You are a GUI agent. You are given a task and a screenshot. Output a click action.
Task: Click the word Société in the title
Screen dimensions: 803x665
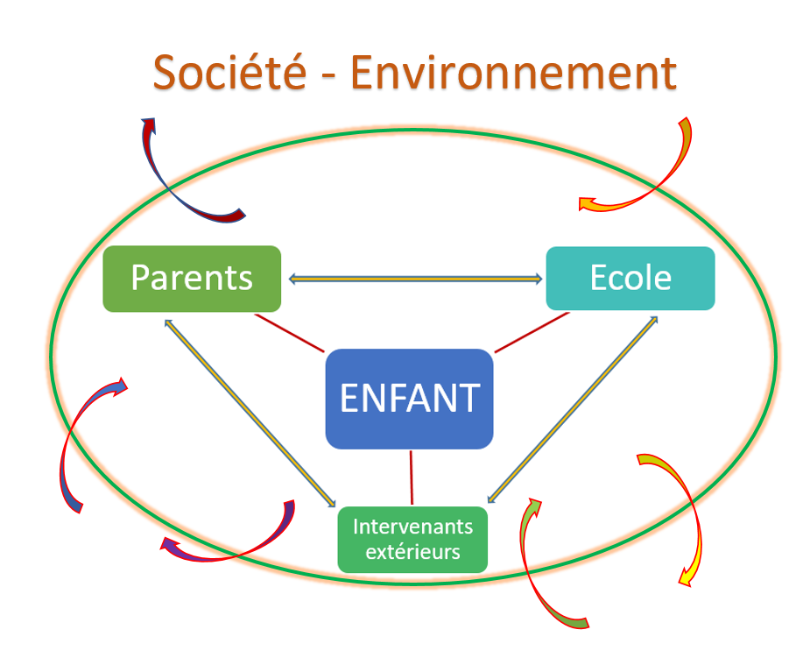[229, 72]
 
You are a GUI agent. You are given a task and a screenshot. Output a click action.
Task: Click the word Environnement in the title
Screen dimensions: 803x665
[514, 72]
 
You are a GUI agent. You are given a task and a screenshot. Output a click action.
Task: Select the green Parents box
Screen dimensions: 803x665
[192, 279]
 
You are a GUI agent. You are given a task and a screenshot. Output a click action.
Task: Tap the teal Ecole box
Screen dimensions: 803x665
[630, 279]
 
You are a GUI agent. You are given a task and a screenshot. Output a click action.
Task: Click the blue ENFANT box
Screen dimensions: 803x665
[410, 399]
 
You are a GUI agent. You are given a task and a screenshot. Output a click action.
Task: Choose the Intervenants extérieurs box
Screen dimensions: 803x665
[412, 540]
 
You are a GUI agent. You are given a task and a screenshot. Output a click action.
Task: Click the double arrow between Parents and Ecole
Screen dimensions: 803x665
[415, 279]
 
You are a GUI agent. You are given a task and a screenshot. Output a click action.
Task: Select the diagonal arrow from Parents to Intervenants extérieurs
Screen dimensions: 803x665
[250, 414]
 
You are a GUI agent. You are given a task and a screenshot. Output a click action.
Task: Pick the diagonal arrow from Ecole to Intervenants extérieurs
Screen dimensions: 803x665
[573, 409]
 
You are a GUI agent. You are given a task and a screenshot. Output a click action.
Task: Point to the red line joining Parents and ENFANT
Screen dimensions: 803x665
[289, 333]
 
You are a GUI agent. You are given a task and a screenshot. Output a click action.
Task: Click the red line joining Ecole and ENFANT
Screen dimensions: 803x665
[532, 332]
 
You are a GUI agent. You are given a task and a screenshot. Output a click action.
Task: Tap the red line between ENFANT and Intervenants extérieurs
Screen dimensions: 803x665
[412, 478]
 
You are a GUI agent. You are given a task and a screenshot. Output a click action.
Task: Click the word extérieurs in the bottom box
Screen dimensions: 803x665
[412, 552]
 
